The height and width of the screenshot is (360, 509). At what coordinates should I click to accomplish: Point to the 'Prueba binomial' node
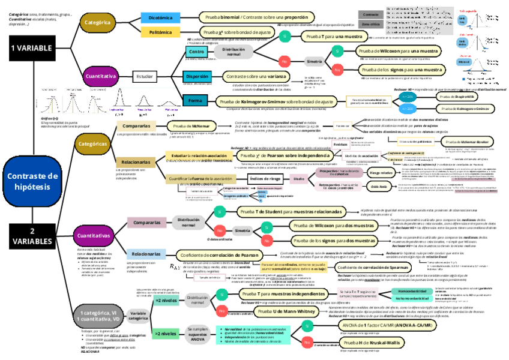point(253,17)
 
